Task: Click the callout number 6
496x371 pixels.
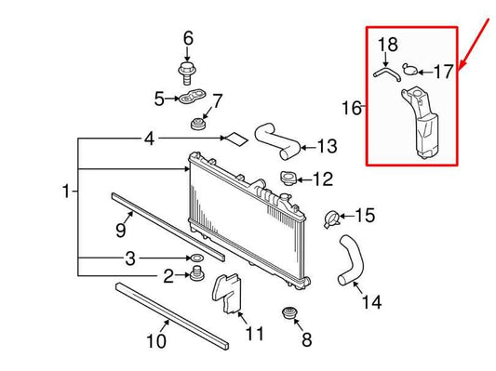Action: tap(188, 38)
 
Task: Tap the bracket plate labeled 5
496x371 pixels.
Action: tap(191, 98)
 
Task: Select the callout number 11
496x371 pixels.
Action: tap(254, 333)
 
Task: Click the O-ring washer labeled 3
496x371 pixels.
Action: tap(197, 257)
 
